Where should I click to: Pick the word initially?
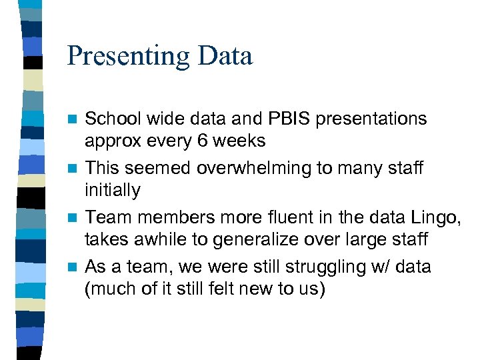113,191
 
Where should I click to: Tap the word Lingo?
436,217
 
